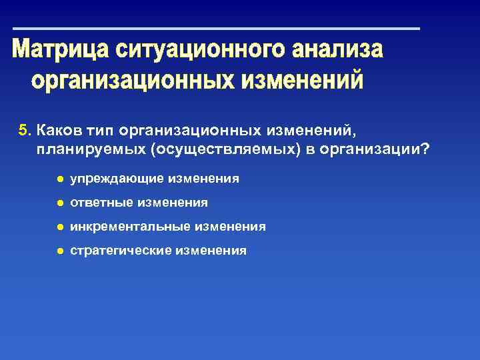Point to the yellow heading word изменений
click(302, 81)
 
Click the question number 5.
click(25, 128)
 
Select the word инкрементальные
click(130, 227)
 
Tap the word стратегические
click(121, 251)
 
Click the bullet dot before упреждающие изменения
click(59, 179)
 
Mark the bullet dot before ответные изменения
click(59, 203)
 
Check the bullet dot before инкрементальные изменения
click(59, 227)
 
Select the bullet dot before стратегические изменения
click(59, 251)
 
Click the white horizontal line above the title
click(217, 29)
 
